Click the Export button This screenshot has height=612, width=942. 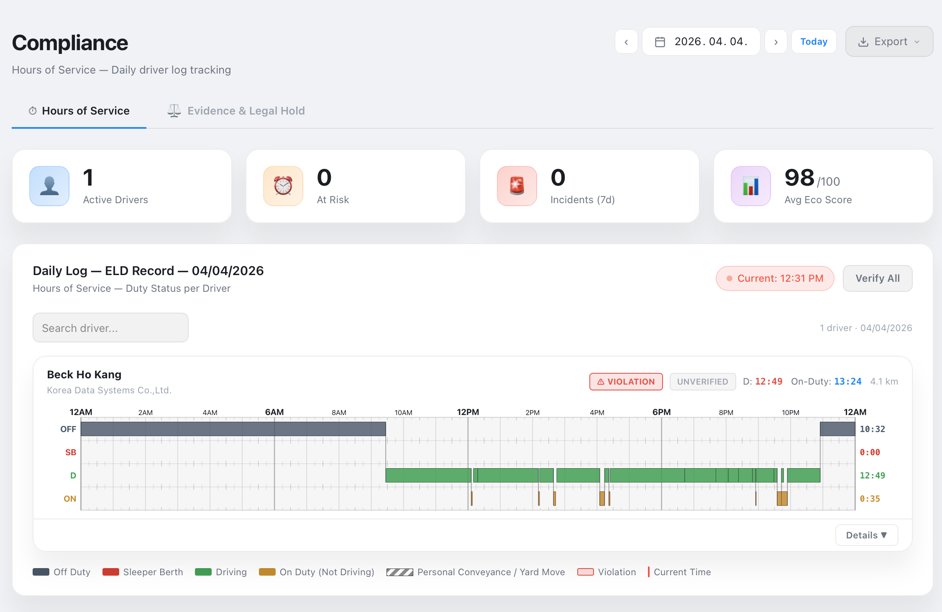(x=889, y=42)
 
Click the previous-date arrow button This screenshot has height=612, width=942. (x=626, y=42)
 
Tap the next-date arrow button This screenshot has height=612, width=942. (x=776, y=42)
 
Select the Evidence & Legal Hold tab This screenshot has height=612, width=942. (x=236, y=111)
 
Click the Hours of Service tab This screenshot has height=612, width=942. (x=79, y=111)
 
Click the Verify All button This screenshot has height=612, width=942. (x=877, y=278)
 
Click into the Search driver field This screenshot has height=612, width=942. (x=110, y=328)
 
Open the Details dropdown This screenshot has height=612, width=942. (x=866, y=535)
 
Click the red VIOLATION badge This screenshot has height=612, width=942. (x=626, y=382)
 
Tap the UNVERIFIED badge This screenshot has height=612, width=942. (x=702, y=382)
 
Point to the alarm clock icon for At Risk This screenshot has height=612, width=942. (x=283, y=186)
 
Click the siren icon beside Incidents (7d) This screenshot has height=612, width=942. (x=517, y=186)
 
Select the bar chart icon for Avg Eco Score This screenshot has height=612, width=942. (x=751, y=186)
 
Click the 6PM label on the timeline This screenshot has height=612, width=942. (x=661, y=412)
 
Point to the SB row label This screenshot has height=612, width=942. (x=71, y=452)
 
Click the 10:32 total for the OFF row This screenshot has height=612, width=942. (x=872, y=429)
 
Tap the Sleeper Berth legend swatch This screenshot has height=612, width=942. (x=111, y=572)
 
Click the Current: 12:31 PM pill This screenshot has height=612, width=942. (x=775, y=278)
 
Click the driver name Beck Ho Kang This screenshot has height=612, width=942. (x=84, y=375)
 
